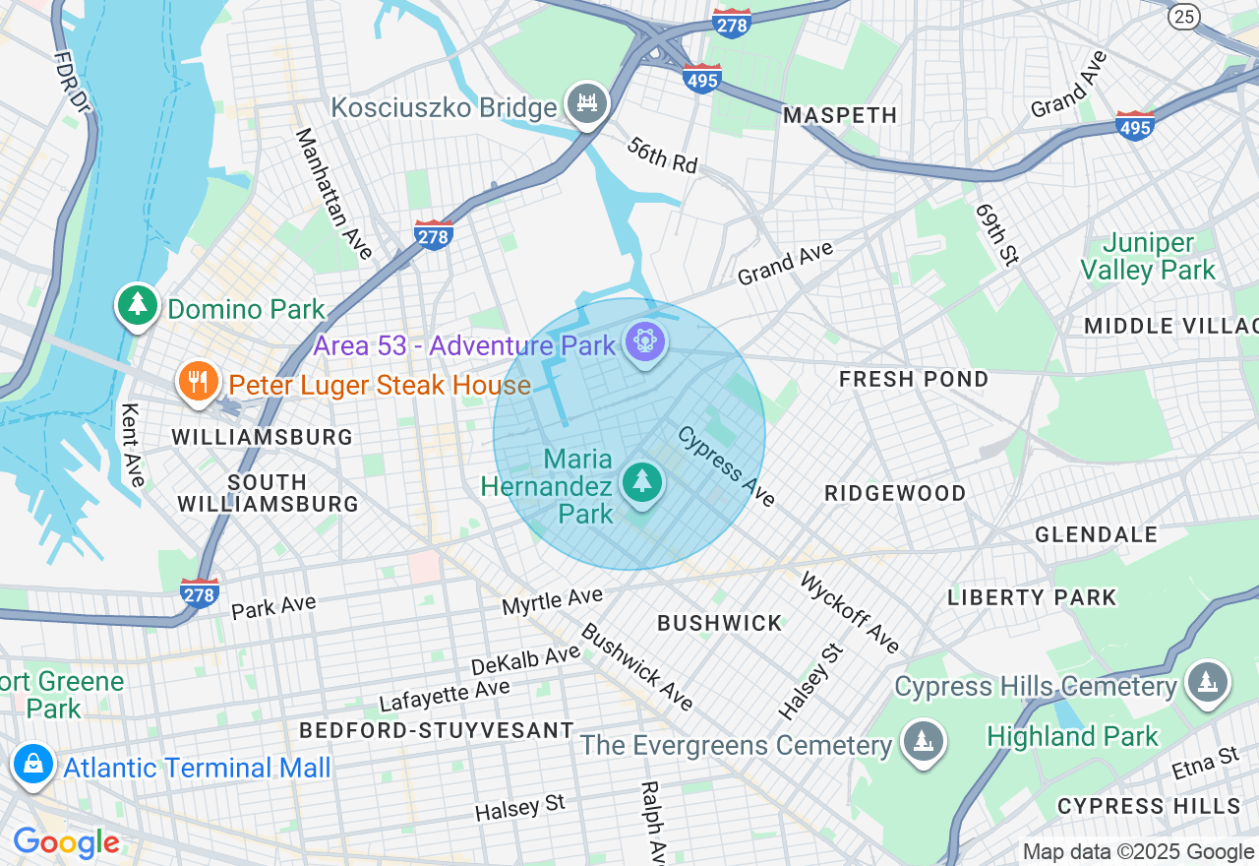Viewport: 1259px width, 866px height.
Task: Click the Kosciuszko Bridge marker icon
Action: click(x=587, y=102)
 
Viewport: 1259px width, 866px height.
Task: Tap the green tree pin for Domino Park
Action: click(x=138, y=305)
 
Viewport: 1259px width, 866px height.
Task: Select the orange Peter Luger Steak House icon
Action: click(x=198, y=381)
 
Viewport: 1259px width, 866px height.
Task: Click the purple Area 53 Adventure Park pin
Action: click(x=645, y=342)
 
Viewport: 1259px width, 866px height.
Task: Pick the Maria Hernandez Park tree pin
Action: click(x=642, y=482)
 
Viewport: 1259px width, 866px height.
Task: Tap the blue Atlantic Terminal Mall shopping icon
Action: click(x=33, y=765)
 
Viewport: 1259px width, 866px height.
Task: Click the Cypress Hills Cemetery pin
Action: click(x=1206, y=682)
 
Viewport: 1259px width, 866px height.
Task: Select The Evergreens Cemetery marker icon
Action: click(x=922, y=741)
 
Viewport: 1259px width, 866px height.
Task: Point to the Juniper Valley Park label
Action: click(x=1148, y=257)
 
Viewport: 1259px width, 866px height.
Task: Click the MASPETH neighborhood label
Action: click(x=840, y=115)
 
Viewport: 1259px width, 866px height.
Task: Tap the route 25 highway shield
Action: click(x=1184, y=15)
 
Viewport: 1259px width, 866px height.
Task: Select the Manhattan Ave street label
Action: click(x=334, y=194)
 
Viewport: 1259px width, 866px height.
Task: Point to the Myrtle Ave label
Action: click(x=552, y=601)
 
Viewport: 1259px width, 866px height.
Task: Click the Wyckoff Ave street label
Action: click(x=850, y=612)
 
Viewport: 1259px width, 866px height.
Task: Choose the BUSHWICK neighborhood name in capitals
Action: click(x=719, y=623)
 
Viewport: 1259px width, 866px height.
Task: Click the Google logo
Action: click(x=66, y=842)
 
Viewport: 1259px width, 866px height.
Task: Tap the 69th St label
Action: click(x=996, y=234)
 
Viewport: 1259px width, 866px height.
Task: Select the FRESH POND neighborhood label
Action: click(x=914, y=379)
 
